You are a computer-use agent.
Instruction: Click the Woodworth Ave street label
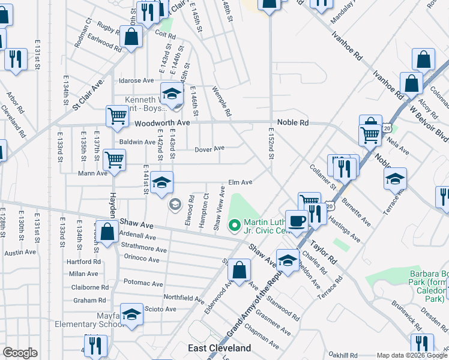161,122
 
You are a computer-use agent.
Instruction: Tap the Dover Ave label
209,148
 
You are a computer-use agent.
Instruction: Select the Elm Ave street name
240,182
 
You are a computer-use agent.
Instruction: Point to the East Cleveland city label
220,348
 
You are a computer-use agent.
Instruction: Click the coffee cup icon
297,220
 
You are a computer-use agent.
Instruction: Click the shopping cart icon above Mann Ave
114,160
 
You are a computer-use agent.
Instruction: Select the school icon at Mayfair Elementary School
131,314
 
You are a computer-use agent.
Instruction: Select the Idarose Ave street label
136,80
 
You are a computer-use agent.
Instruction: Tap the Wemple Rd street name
221,101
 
